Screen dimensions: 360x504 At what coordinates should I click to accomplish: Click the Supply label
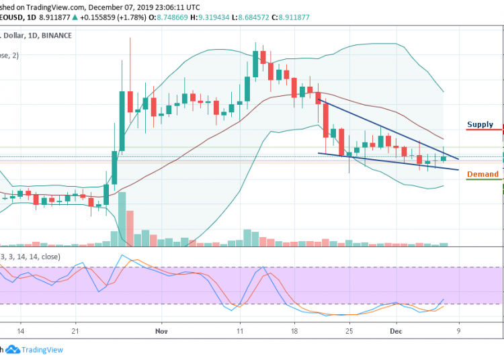tap(480, 124)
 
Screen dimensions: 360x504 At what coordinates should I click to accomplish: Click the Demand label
tap(482, 174)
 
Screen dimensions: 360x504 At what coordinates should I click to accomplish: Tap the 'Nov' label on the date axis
tap(160, 331)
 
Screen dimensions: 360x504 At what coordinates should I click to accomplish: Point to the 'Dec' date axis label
tap(396, 331)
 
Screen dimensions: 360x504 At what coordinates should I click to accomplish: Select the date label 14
tap(21, 331)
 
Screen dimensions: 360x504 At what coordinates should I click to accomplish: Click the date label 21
tap(76, 331)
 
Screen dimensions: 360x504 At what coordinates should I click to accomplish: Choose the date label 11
tap(239, 331)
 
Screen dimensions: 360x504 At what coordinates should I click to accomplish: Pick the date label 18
tap(294, 331)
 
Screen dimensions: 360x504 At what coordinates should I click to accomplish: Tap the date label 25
tap(349, 331)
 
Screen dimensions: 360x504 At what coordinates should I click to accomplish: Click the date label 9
tap(458, 331)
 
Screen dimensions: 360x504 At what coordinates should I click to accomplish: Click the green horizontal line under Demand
tap(484, 180)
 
